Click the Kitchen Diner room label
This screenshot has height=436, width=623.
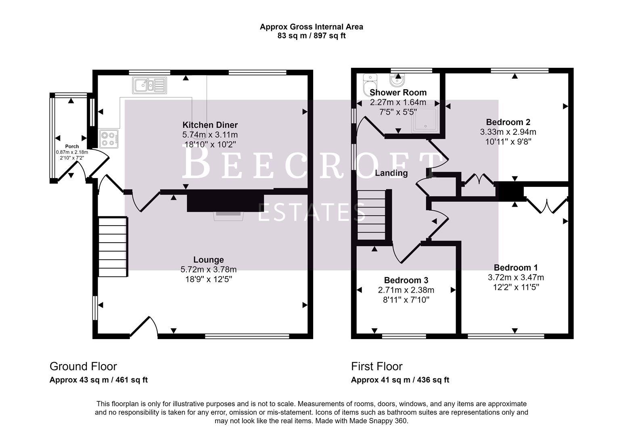(x=210, y=125)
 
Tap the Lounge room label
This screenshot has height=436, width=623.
(x=208, y=260)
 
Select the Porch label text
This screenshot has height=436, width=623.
(x=72, y=146)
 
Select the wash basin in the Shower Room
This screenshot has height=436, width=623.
(x=398, y=78)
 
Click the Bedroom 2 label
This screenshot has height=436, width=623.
(x=508, y=122)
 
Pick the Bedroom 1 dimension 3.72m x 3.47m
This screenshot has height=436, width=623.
(x=515, y=277)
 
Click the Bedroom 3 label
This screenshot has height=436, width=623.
(x=406, y=280)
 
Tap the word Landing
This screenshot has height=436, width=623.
(x=391, y=173)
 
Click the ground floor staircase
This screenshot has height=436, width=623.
(x=113, y=247)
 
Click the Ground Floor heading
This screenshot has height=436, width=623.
(x=83, y=366)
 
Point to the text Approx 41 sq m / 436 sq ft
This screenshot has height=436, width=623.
(x=399, y=380)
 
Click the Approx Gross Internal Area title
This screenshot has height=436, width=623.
(x=311, y=27)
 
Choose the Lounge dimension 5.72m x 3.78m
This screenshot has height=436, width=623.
(x=208, y=269)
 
